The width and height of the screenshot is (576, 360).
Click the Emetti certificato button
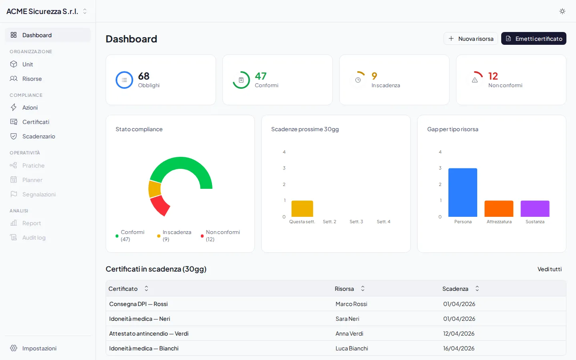point(534,39)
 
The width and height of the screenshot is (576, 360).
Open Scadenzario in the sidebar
point(38,136)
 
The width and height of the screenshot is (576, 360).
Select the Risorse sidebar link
point(32,79)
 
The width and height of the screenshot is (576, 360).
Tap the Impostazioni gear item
point(39,348)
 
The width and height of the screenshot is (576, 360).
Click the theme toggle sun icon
point(562,11)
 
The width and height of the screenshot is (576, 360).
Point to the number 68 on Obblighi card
point(144,76)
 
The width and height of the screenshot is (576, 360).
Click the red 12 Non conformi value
point(493,76)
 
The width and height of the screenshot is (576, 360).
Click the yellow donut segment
point(154,189)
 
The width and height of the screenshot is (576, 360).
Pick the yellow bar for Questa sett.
point(302,209)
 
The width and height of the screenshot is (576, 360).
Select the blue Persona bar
point(463,192)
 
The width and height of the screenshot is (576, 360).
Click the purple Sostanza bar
point(535,209)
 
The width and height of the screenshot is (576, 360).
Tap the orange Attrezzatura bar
point(499,209)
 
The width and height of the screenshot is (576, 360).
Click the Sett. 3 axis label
point(356,222)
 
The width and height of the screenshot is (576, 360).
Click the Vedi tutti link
point(549,269)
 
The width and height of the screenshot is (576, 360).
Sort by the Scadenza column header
point(455,289)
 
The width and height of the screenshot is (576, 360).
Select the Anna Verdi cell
point(349,334)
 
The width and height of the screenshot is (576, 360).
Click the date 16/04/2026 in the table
point(458,348)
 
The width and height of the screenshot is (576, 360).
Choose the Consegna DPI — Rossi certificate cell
point(138,304)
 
